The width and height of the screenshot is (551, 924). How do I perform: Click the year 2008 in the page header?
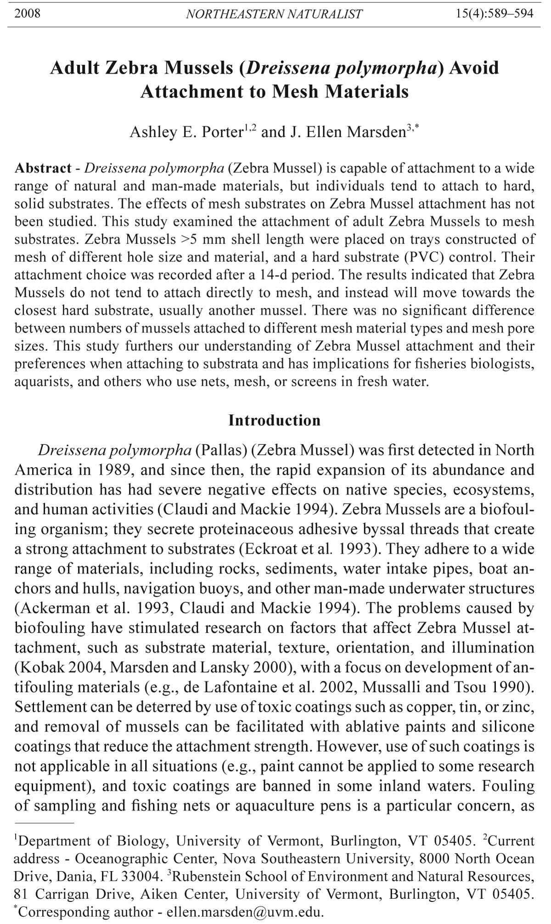27,13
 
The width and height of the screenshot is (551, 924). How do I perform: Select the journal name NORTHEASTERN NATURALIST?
274,14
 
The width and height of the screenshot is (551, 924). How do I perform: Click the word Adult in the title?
74,68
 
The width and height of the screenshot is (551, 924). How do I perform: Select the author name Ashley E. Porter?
186,132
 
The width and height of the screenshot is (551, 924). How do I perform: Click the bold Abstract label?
43,168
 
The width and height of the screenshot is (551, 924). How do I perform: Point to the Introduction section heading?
275,420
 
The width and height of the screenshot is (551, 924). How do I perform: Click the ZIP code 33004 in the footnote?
140,876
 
